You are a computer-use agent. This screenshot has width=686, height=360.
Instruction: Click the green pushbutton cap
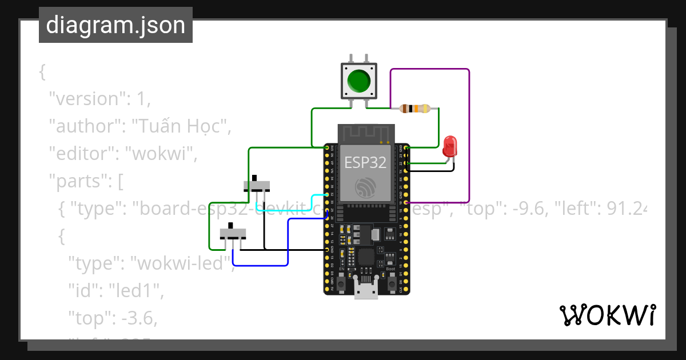click(358, 81)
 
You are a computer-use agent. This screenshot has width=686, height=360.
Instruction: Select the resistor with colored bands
click(414, 109)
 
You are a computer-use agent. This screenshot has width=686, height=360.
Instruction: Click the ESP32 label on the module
click(365, 162)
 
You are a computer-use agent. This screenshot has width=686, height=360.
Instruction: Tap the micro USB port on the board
click(366, 290)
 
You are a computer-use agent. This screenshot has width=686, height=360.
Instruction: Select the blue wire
click(288, 240)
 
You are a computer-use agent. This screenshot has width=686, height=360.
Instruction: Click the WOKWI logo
click(607, 315)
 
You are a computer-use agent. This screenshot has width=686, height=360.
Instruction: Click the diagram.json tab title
click(115, 25)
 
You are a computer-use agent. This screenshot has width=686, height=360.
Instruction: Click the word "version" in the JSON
click(86, 99)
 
